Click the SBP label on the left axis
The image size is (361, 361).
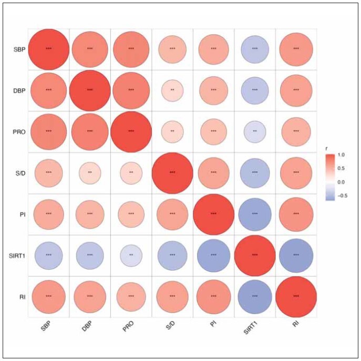pos(19,49)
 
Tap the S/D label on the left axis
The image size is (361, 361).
pos(20,173)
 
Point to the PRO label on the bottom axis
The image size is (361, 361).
pos(128,326)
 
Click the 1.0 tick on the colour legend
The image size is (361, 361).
pos(341,154)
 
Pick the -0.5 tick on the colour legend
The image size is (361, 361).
pos(342,195)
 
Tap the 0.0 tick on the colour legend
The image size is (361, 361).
pos(341,182)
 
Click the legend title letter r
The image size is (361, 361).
pos(327,149)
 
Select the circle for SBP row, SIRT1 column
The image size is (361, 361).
pos(255,49)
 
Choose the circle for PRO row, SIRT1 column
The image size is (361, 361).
pos(255,132)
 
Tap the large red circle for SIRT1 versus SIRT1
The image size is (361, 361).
pos(255,255)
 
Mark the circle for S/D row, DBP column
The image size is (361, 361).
pos(90,173)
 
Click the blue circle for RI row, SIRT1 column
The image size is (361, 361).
pos(255,297)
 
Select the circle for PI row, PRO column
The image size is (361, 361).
pos(131,214)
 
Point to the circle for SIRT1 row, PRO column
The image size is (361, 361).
pos(131,255)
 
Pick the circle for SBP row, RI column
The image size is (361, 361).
pos(296,49)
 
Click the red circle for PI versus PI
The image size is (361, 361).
pos(214,214)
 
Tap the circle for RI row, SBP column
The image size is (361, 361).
pos(48,297)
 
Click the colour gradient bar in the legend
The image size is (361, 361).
pos(330,178)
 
